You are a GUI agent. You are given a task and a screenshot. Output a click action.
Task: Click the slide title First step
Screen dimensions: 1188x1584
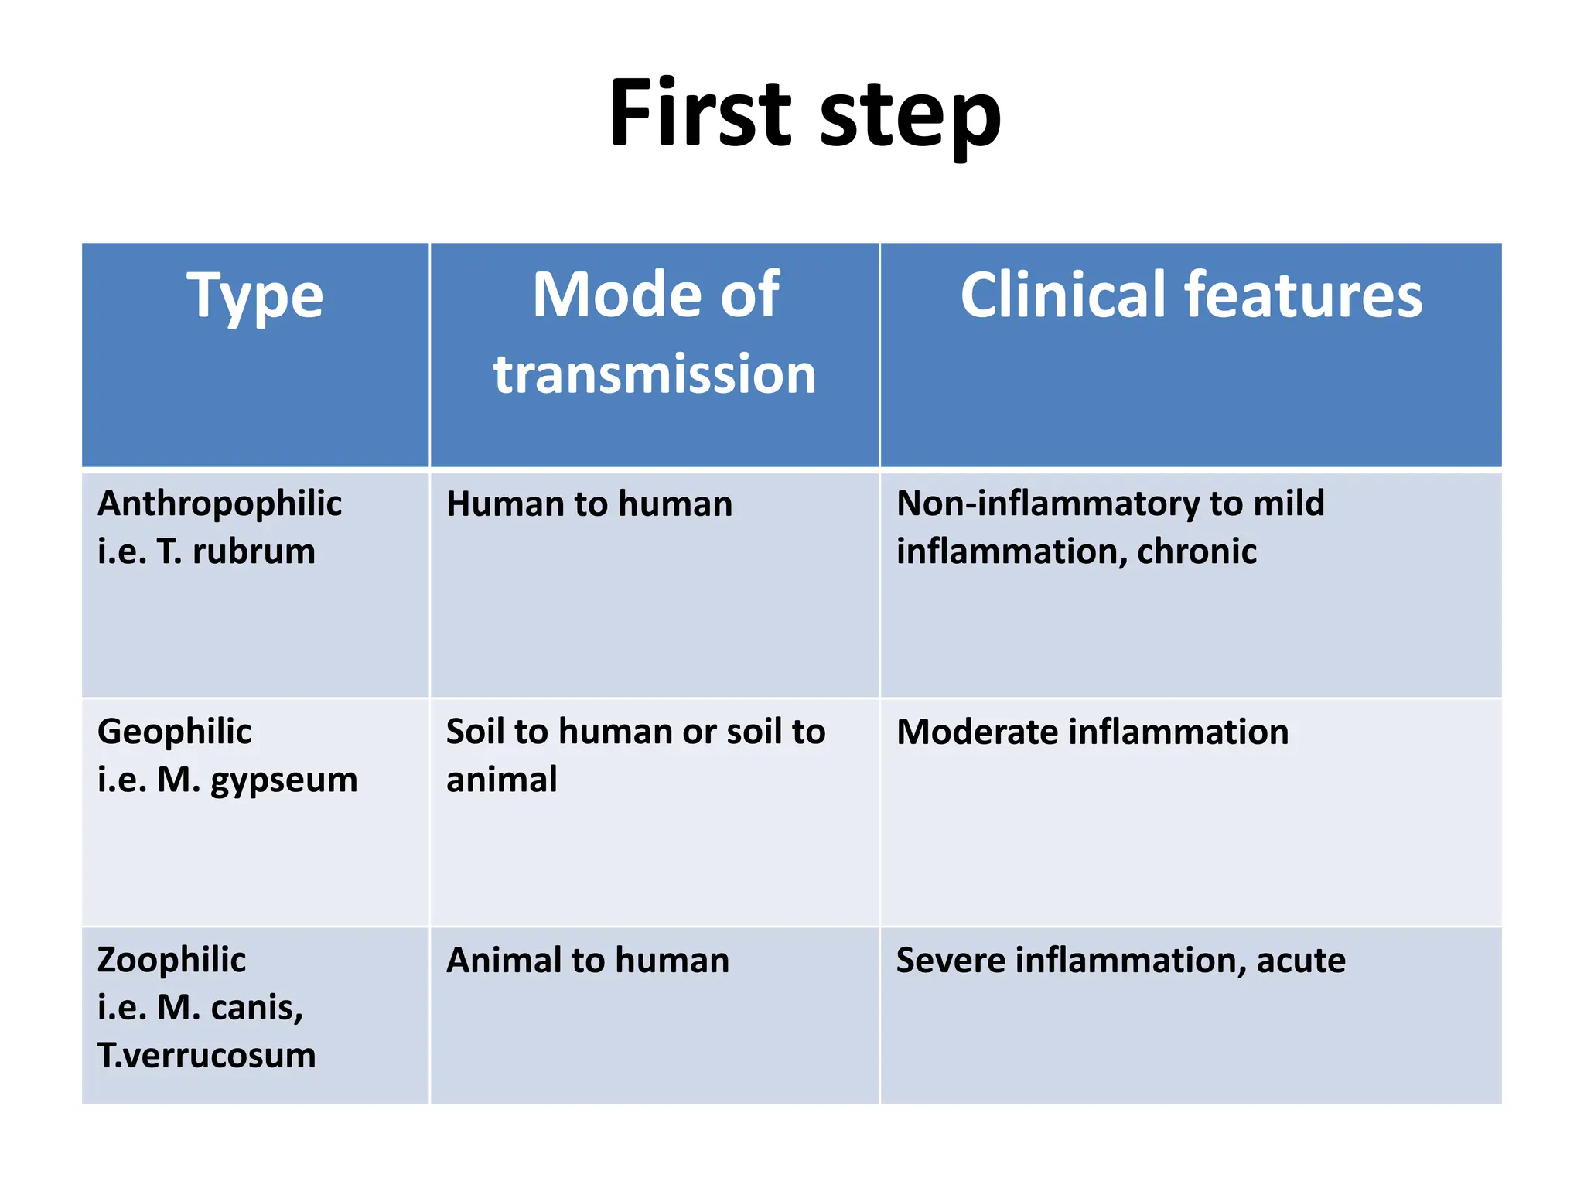(x=804, y=114)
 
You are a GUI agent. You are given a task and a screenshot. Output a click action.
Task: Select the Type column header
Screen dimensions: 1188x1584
(x=255, y=296)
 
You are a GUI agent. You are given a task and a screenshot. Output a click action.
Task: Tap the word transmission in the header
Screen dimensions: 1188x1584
(x=654, y=374)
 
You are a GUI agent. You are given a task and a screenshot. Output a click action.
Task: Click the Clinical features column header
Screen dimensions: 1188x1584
(x=1190, y=295)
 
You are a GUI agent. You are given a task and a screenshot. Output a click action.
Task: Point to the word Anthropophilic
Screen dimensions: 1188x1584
(x=220, y=504)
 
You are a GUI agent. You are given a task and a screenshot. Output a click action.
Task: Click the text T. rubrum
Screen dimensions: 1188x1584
(x=236, y=551)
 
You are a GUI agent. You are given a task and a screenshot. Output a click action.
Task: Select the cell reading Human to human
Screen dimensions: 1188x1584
(x=589, y=504)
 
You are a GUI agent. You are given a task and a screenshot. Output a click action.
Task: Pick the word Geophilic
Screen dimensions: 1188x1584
(x=174, y=732)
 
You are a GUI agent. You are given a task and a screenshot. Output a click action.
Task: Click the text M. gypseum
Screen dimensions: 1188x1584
(x=258, y=780)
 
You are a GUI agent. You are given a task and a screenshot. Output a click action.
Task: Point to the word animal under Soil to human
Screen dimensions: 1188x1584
(x=501, y=780)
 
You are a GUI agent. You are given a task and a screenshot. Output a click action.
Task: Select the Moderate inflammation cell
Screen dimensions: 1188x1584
(x=1092, y=732)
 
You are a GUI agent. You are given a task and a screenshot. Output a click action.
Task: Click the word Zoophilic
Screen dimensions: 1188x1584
(x=172, y=960)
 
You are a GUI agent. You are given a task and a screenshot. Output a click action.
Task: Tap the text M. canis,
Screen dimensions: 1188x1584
(x=230, y=1008)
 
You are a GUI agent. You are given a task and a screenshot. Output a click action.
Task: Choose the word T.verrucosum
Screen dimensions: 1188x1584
(x=207, y=1056)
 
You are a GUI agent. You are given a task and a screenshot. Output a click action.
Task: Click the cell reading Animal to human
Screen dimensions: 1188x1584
(x=588, y=961)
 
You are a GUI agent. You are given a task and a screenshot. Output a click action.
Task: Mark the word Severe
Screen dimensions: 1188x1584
(x=950, y=961)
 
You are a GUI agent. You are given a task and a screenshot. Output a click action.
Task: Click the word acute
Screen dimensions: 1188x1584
(x=1301, y=961)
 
